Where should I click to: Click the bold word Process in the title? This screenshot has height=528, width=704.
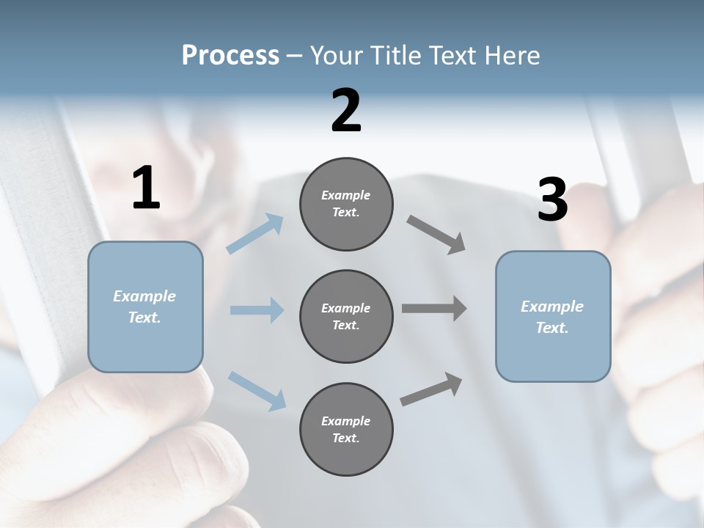pos(230,56)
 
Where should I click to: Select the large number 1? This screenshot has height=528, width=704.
pos(146,188)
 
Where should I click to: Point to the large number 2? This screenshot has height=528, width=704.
pos(346,111)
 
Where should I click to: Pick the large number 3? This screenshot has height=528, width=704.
pos(552,200)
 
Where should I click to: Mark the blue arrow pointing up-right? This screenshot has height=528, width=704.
pos(255,234)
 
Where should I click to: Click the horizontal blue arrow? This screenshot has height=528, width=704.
pos(257,310)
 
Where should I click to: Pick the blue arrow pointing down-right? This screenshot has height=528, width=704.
pos(257,390)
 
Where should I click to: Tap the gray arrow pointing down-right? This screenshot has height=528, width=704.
pos(436,235)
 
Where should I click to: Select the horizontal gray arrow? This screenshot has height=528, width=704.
pos(434,309)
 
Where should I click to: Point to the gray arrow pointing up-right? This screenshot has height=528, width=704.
pos(432,389)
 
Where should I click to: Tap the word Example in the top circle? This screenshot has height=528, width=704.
pos(345,196)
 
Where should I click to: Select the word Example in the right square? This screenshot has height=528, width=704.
pos(552,307)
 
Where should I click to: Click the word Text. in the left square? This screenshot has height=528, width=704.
pos(144,318)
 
